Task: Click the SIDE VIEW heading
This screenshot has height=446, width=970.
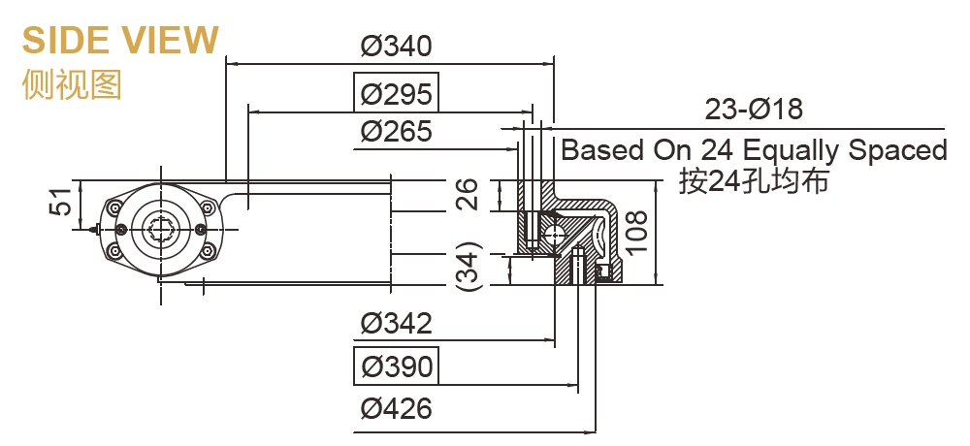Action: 120,40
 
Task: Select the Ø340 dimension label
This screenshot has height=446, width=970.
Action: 395,47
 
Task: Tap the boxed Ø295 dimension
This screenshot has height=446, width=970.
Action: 395,94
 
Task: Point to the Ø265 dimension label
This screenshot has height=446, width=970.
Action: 395,132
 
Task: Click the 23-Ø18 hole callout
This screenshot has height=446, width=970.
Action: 754,110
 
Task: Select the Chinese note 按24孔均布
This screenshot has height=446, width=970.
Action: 754,181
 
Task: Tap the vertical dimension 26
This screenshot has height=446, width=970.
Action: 468,195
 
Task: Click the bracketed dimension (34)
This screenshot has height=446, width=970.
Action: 468,268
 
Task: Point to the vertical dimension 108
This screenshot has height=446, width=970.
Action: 637,232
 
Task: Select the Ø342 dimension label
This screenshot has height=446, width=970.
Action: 395,323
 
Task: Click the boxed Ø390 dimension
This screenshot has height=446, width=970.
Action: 395,366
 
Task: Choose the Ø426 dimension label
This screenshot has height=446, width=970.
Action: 395,408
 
